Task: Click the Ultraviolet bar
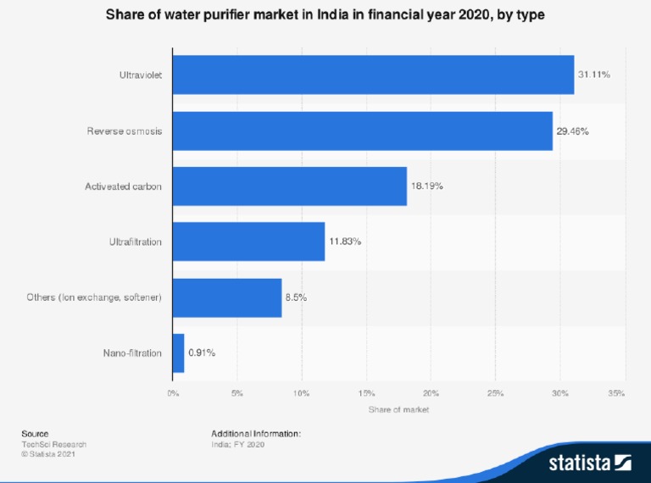[373, 75]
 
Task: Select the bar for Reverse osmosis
[362, 131]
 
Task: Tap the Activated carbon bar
[289, 186]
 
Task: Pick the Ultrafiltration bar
[248, 242]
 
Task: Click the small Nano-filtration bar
[178, 353]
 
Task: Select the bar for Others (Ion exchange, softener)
[226, 297]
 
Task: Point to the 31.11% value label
[594, 75]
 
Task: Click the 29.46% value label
[572, 131]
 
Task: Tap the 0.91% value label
[202, 353]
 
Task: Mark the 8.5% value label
[296, 297]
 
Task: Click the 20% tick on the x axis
[431, 393]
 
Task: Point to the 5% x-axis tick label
[236, 393]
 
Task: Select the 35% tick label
[617, 393]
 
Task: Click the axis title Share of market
[398, 410]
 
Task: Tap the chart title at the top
[325, 15]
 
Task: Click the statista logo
[590, 463]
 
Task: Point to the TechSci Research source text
[53, 444]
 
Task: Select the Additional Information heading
[256, 434]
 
